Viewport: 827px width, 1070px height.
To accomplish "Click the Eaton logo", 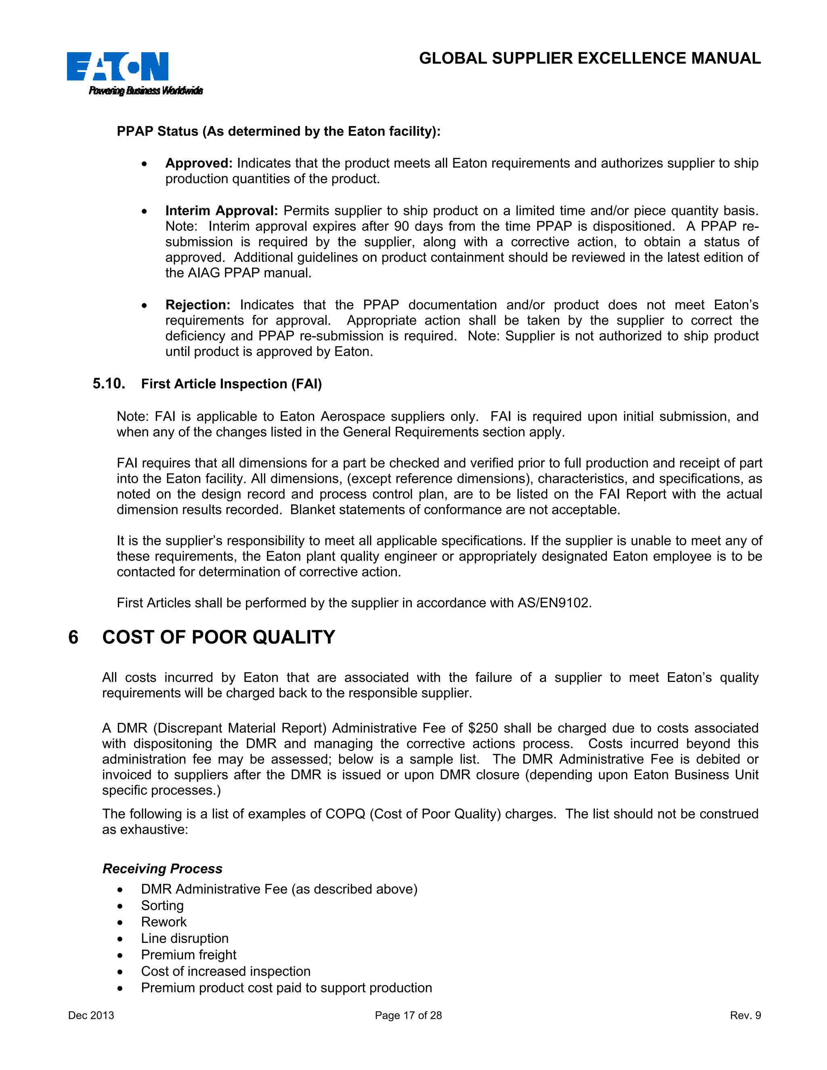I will coord(118,66).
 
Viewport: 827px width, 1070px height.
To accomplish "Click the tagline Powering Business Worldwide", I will coord(145,90).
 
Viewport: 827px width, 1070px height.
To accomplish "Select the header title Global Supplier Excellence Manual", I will coord(590,58).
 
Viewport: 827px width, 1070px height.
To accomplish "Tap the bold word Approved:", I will coord(198,163).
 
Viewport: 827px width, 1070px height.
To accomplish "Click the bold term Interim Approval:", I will coord(221,211).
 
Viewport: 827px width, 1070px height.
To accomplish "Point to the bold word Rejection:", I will coord(197,305).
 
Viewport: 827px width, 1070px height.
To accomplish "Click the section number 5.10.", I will coord(109,384).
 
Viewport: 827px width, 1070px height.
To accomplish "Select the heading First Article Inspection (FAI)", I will coord(231,384).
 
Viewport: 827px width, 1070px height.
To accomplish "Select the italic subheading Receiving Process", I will coord(162,869).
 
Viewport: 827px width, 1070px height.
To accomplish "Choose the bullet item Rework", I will coord(164,922).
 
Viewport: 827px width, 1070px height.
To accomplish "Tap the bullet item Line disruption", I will coord(185,938).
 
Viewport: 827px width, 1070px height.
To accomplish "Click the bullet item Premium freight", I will coord(189,955).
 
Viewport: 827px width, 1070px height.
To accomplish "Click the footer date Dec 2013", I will coord(91,1015).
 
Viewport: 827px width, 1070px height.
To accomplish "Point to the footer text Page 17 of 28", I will coord(408,1015).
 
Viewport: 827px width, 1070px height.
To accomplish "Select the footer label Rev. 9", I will coord(745,1015).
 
